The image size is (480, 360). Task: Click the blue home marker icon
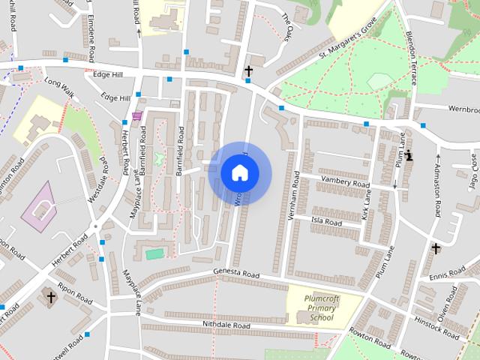(239, 172)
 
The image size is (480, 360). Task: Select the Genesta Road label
(235, 274)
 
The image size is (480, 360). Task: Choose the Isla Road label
(326, 222)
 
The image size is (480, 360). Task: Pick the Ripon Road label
(76, 294)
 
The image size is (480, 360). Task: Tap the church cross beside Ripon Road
(51, 298)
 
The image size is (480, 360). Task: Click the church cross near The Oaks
(248, 70)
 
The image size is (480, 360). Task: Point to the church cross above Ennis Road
(435, 247)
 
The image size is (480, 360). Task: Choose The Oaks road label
(290, 25)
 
